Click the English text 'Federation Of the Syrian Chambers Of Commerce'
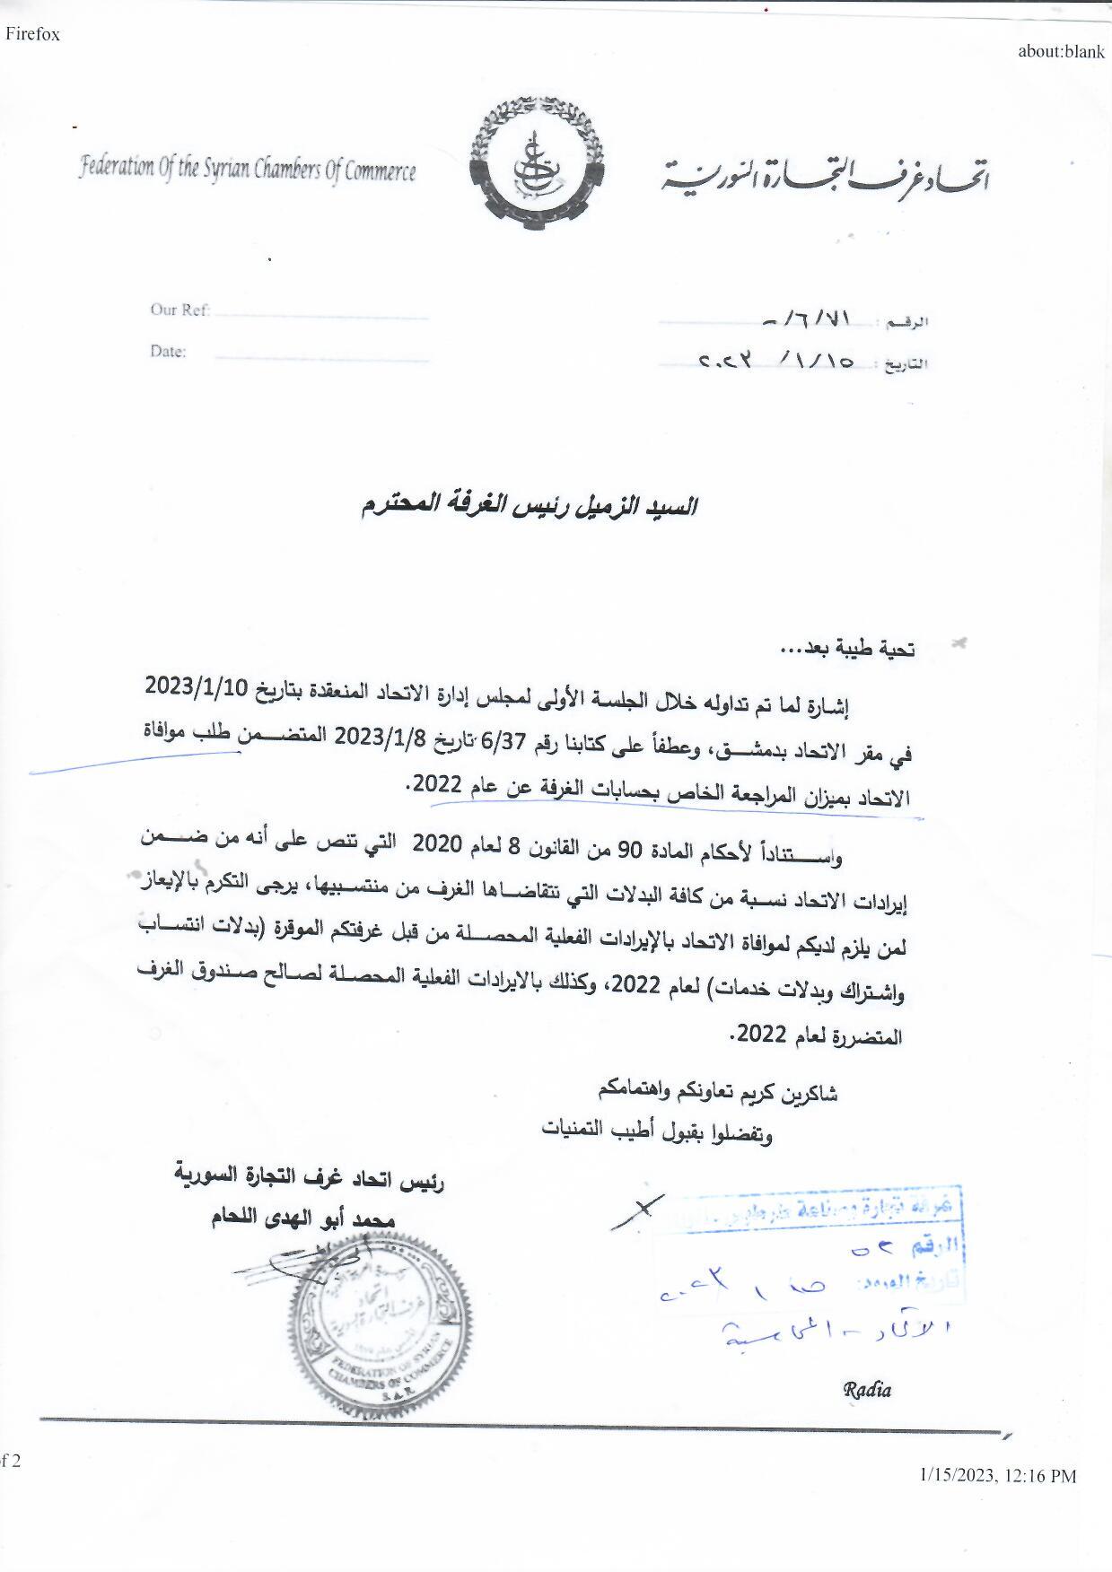coord(248,170)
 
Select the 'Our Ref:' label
coord(179,310)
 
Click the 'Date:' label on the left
coord(168,352)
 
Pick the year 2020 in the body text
coord(437,843)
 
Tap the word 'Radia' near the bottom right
coord(867,1390)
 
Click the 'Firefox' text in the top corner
coord(32,35)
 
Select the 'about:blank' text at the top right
coord(1061,51)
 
